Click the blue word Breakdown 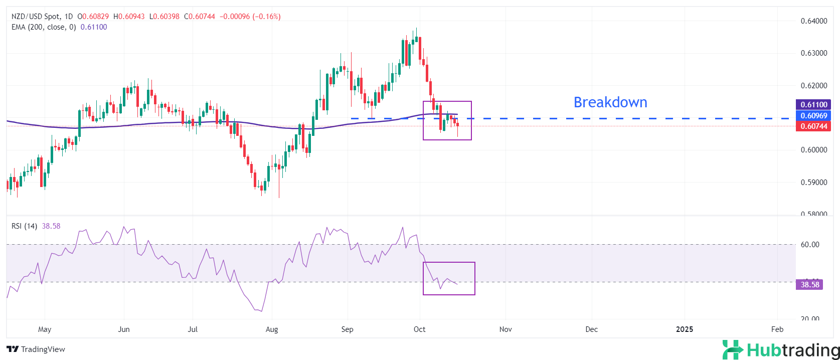[x=610, y=102]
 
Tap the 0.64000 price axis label [x=813, y=21]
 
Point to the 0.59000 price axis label [x=813, y=183]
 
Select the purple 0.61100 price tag [x=813, y=105]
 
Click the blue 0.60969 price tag [x=813, y=116]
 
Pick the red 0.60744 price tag [x=813, y=126]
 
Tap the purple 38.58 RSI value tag [x=810, y=285]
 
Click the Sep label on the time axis [x=347, y=329]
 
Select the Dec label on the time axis [x=592, y=329]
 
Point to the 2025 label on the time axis [x=685, y=329]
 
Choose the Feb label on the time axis [x=777, y=329]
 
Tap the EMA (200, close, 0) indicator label [x=44, y=27]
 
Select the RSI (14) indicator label [x=24, y=226]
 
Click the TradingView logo [x=36, y=349]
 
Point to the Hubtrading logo [x=781, y=349]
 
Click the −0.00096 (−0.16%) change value [x=250, y=17]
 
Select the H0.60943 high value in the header [x=129, y=17]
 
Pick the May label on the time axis [x=45, y=329]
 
